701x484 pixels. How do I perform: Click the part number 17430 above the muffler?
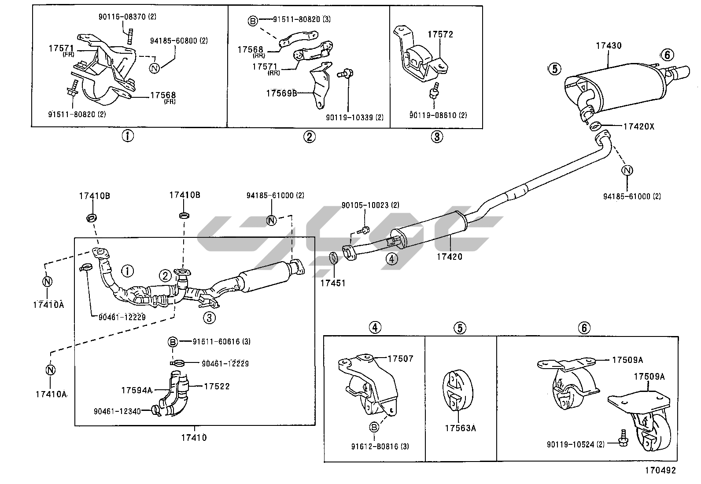tap(609, 46)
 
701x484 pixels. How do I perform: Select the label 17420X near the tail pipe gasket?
tap(638, 126)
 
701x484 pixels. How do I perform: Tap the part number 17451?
tap(332, 283)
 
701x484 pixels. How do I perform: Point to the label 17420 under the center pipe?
tap(450, 256)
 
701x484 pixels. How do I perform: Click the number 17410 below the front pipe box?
tap(193, 438)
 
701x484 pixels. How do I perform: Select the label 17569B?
tap(282, 93)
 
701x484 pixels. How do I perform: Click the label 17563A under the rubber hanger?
tap(460, 428)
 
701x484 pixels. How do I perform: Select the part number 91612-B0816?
tap(374, 447)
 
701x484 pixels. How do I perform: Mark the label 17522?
tap(217, 386)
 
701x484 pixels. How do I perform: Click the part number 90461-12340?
tap(117, 411)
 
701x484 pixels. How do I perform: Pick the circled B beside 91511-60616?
tap(173, 341)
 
